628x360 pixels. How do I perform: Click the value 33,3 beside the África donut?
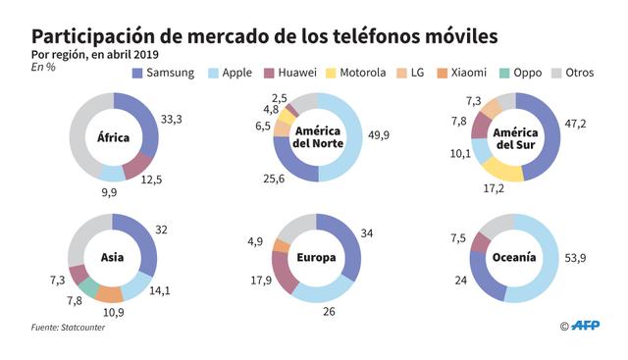(172, 120)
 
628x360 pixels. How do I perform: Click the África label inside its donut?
(113, 137)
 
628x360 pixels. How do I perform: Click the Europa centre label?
(315, 258)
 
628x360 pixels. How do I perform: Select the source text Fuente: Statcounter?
(67, 327)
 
